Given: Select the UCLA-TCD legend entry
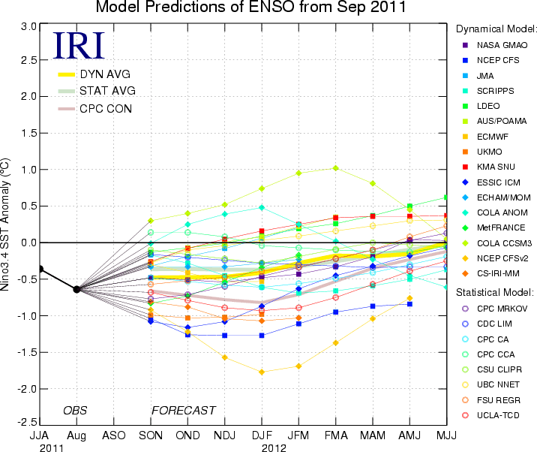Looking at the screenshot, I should click(x=496, y=414).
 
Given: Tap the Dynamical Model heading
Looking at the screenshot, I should click(x=496, y=29).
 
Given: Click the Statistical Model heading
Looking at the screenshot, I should click(x=496, y=291).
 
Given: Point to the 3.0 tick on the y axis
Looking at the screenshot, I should click(x=28, y=26).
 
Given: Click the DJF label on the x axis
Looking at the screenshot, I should click(x=262, y=435).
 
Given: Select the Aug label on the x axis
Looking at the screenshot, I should click(x=76, y=435).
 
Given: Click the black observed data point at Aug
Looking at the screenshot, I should click(x=76, y=289).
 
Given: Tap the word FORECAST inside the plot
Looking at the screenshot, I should click(x=184, y=411).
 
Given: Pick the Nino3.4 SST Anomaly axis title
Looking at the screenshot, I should click(x=10, y=225).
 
